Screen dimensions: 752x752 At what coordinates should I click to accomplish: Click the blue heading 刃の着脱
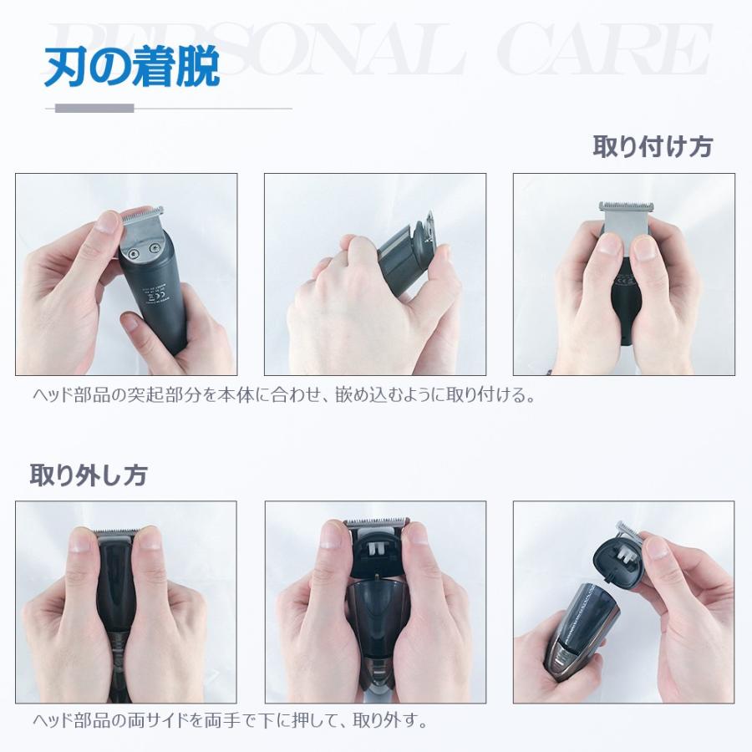pyautogui.click(x=132, y=69)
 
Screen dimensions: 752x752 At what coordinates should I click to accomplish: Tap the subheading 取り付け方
pyautogui.click(x=652, y=147)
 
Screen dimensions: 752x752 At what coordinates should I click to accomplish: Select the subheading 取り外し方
pyautogui.click(x=89, y=475)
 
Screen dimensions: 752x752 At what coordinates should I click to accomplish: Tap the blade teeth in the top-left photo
pyautogui.click(x=141, y=213)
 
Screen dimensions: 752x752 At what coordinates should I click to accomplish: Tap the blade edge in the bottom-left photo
pyautogui.click(x=115, y=532)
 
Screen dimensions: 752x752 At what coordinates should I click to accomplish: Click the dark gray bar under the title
pyautogui.click(x=94, y=108)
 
